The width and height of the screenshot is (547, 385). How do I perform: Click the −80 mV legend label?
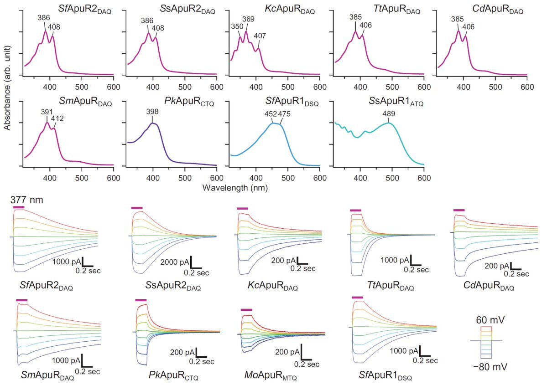point(487,366)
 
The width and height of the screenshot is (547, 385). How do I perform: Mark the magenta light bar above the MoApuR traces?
point(246,310)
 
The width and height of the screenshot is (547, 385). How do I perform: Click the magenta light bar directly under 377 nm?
point(19,207)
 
